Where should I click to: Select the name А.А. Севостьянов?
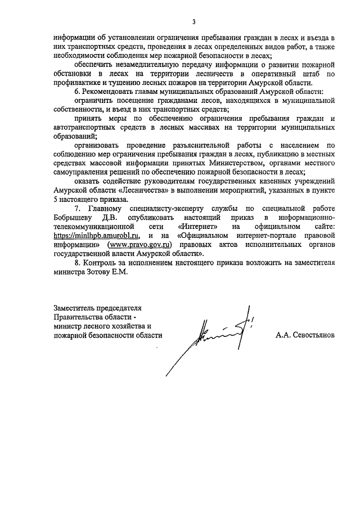(x=305, y=334)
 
